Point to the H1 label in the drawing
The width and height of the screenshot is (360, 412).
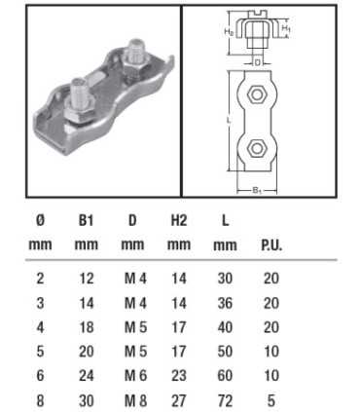pos(287,29)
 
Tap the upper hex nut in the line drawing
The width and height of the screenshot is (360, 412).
pos(257,95)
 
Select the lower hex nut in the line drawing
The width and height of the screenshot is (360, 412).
pos(257,148)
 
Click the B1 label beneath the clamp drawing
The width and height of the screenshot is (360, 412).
pos(257,192)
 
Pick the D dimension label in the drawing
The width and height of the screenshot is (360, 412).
pos(257,62)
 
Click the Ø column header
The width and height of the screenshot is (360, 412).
pos(38,221)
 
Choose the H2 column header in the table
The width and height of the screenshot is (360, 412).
pos(179,221)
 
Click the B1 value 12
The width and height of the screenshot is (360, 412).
pos(86,279)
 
